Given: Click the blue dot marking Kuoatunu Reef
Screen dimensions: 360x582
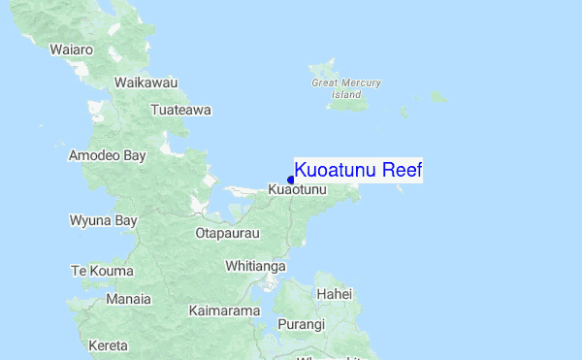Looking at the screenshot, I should click(291, 180).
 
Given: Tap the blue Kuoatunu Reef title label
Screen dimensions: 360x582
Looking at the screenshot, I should click(358, 171).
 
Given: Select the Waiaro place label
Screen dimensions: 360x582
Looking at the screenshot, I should click(72, 49).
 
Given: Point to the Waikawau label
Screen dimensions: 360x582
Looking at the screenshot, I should click(145, 83).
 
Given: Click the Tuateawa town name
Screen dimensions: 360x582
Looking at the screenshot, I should click(180, 110).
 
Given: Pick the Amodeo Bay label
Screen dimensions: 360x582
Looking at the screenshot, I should click(107, 155).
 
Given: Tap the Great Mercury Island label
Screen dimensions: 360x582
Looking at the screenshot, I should click(346, 88).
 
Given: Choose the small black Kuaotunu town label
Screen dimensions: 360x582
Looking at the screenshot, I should click(298, 191).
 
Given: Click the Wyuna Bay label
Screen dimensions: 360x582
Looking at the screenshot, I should click(103, 220).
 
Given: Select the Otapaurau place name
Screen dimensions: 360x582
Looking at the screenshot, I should click(228, 234).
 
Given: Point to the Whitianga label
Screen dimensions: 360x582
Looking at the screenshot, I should click(255, 265).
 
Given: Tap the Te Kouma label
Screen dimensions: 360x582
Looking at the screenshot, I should click(102, 271).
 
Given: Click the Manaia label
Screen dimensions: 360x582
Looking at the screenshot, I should click(129, 299).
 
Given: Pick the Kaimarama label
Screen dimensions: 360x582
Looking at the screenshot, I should click(224, 311).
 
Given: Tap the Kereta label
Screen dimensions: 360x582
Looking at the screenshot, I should click(108, 345).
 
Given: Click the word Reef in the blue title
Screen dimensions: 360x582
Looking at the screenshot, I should click(402, 171).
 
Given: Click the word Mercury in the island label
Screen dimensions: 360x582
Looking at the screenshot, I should click(361, 83).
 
